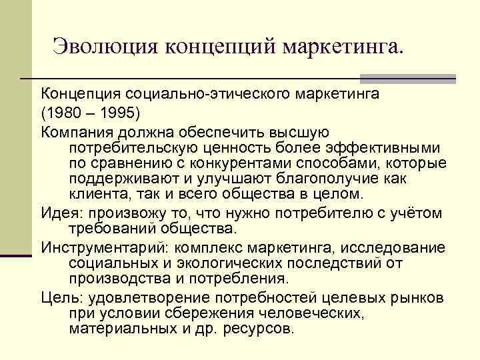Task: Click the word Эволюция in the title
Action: click(x=105, y=47)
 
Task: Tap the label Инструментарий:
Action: click(x=99, y=247)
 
